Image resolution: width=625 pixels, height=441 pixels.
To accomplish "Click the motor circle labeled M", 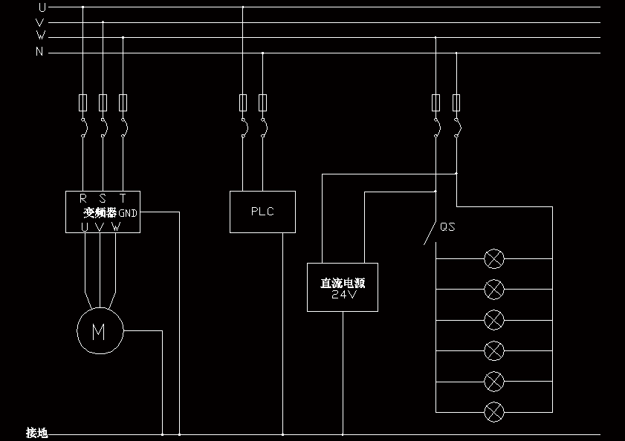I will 99,332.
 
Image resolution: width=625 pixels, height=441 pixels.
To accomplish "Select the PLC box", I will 262,212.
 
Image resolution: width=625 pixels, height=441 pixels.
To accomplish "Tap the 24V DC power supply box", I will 343,287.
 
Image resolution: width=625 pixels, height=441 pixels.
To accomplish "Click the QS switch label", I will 447,227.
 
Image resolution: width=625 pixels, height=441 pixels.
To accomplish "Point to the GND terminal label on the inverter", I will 128,213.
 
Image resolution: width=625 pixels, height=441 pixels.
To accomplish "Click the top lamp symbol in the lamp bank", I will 494,258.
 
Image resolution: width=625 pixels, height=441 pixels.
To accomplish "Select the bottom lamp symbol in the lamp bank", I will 494,411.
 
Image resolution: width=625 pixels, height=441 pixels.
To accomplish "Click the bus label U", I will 41,7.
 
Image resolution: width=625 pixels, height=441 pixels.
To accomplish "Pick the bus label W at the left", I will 41,36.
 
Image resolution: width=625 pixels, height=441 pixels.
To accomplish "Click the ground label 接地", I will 36,433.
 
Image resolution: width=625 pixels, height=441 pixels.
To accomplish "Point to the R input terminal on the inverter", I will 83,198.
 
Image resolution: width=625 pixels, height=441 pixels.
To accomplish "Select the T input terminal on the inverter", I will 123,198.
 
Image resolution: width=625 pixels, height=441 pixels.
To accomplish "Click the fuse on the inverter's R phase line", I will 82,102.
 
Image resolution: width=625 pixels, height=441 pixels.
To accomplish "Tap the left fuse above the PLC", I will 243,102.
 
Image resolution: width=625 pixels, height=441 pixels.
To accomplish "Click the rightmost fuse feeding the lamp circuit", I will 456,102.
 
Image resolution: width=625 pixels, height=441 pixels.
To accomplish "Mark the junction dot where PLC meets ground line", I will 282,434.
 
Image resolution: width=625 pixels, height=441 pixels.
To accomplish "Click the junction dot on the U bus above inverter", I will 82,7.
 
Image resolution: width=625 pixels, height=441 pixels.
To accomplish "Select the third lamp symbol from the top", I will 494,320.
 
